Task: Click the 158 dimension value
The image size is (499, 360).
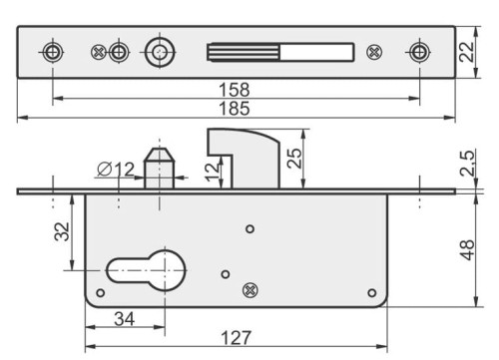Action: pyautogui.click(x=235, y=90)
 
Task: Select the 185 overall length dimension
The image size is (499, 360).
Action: pyautogui.click(x=235, y=109)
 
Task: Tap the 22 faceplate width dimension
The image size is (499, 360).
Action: pyautogui.click(x=466, y=52)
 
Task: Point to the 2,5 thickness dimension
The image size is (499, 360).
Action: pyautogui.click(x=467, y=163)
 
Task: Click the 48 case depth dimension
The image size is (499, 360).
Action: pyautogui.click(x=467, y=249)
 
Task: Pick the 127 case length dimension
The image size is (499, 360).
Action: pyautogui.click(x=236, y=338)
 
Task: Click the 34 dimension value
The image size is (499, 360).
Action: pyautogui.click(x=125, y=319)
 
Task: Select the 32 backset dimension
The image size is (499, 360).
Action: pyautogui.click(x=62, y=231)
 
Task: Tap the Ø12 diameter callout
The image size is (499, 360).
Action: pyautogui.click(x=116, y=170)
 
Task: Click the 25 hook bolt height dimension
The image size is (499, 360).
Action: pyautogui.click(x=294, y=159)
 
